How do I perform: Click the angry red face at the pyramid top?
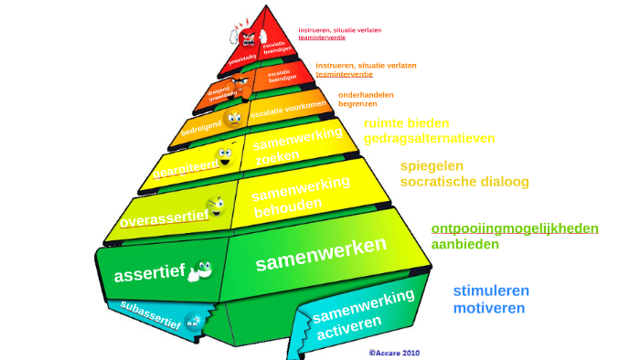point(246,36)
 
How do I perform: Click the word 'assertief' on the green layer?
point(149,274)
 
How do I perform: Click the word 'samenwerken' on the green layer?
point(321,253)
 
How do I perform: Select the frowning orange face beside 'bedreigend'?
point(234,119)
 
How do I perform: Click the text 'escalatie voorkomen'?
point(288,111)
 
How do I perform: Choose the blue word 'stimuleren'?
point(491,291)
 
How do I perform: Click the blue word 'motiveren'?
point(489,308)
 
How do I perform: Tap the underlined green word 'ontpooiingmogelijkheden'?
point(515,228)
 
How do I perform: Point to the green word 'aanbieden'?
point(465,244)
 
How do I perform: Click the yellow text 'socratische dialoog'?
point(464,182)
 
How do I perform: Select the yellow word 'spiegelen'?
point(432,165)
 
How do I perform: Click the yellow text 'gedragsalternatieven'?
point(429,138)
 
